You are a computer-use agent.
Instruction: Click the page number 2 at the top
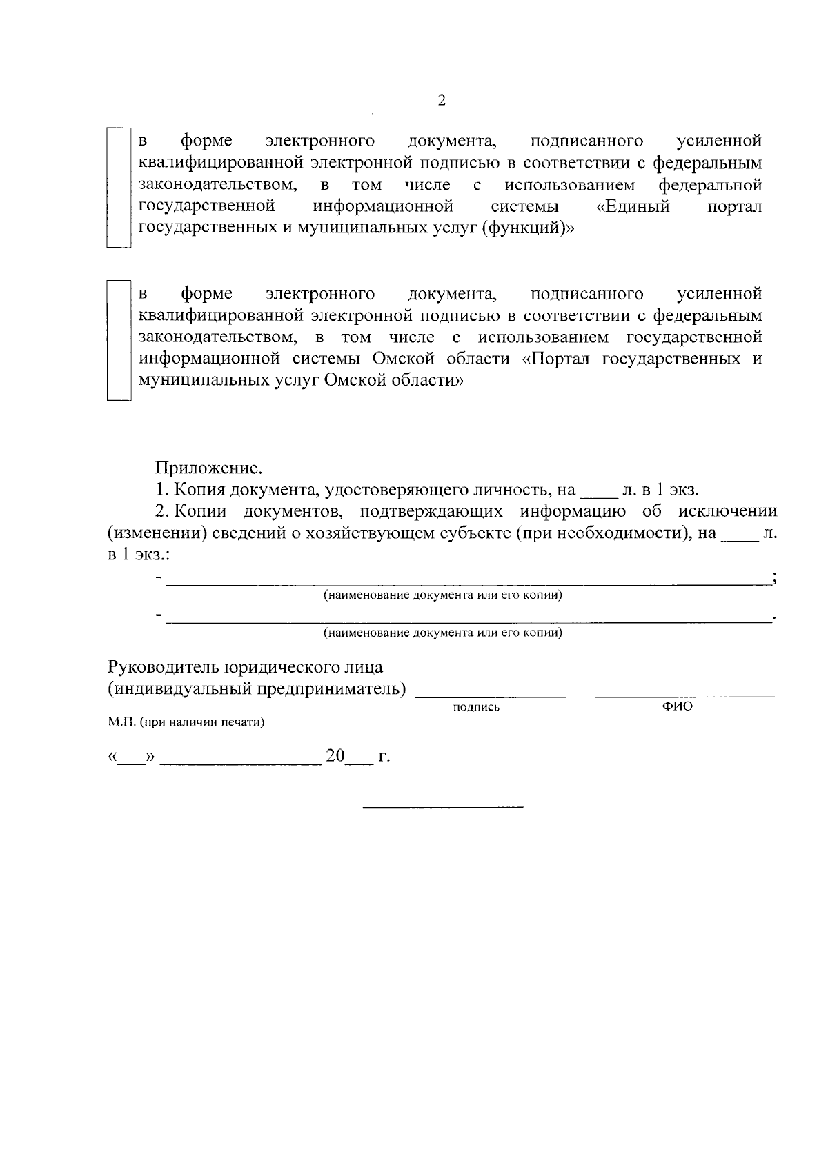click(x=442, y=101)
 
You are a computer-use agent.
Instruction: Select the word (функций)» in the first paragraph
click(x=527, y=229)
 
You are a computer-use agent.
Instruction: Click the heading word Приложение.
click(x=208, y=469)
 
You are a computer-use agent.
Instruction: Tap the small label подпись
click(x=476, y=708)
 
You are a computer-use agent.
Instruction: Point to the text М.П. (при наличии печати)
click(x=186, y=723)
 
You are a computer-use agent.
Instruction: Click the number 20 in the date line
click(x=335, y=756)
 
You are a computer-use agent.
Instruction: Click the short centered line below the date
click(x=443, y=806)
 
